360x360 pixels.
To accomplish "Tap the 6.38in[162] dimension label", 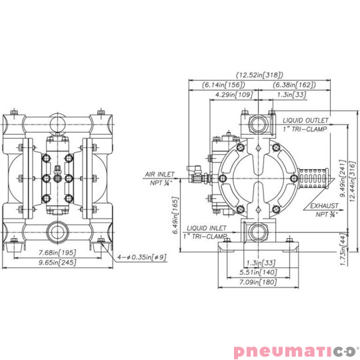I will (292, 85).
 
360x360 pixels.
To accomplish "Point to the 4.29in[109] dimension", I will (234, 95).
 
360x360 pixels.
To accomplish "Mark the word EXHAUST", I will (323, 207).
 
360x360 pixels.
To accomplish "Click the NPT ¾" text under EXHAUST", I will (325, 214).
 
